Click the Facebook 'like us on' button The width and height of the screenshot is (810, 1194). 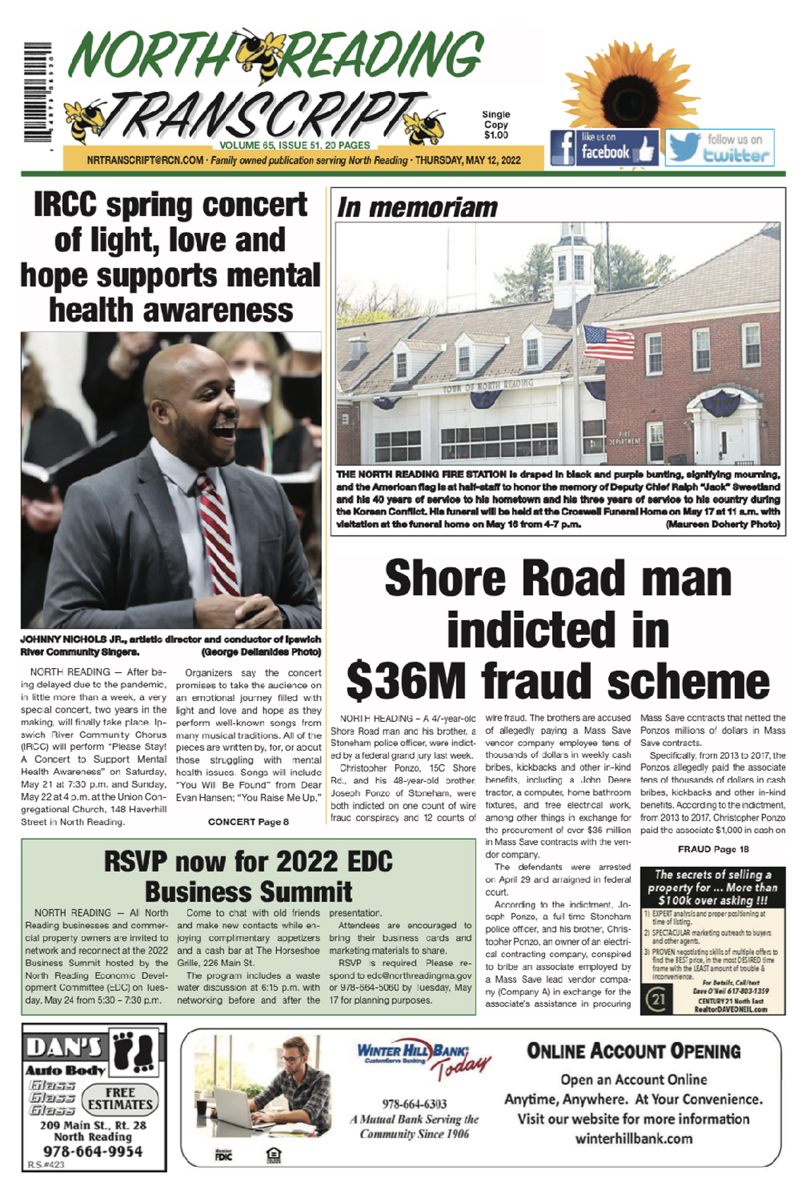(604, 147)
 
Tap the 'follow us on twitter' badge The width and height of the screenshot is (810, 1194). (719, 147)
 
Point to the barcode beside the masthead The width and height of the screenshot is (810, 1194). (37, 93)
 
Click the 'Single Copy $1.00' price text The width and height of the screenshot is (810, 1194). (496, 125)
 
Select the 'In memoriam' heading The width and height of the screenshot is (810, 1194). (417, 208)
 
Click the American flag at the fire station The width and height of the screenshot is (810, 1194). (608, 343)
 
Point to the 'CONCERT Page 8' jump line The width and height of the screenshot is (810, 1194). (248, 822)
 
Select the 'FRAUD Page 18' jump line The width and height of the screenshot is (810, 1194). (713, 849)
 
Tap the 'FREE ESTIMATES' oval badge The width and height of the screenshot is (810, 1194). (120, 1098)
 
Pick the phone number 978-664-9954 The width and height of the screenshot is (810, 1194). (93, 1151)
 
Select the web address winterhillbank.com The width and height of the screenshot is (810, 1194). (634, 1139)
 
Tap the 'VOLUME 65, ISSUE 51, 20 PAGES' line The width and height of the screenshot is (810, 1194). (295, 145)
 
